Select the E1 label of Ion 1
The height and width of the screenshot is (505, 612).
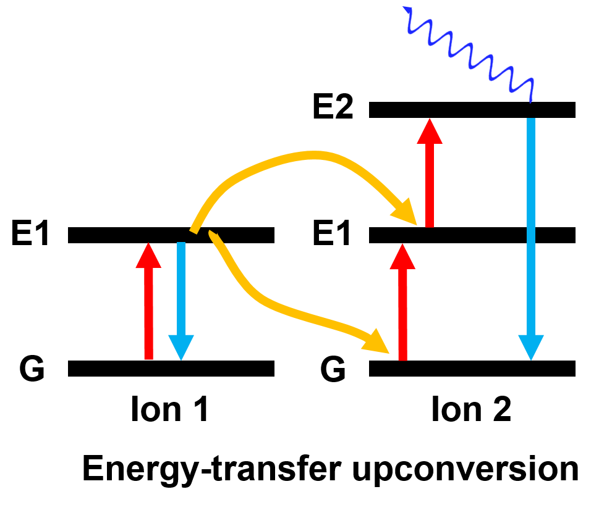click(31, 235)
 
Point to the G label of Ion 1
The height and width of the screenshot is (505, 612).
click(32, 369)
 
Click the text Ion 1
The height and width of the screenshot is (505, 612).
click(169, 409)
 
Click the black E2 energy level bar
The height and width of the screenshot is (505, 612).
click(472, 110)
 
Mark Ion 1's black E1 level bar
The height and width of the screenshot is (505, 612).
click(171, 235)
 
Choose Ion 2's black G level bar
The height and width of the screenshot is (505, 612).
click(472, 369)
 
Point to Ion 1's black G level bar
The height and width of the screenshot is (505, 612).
click(171, 369)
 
